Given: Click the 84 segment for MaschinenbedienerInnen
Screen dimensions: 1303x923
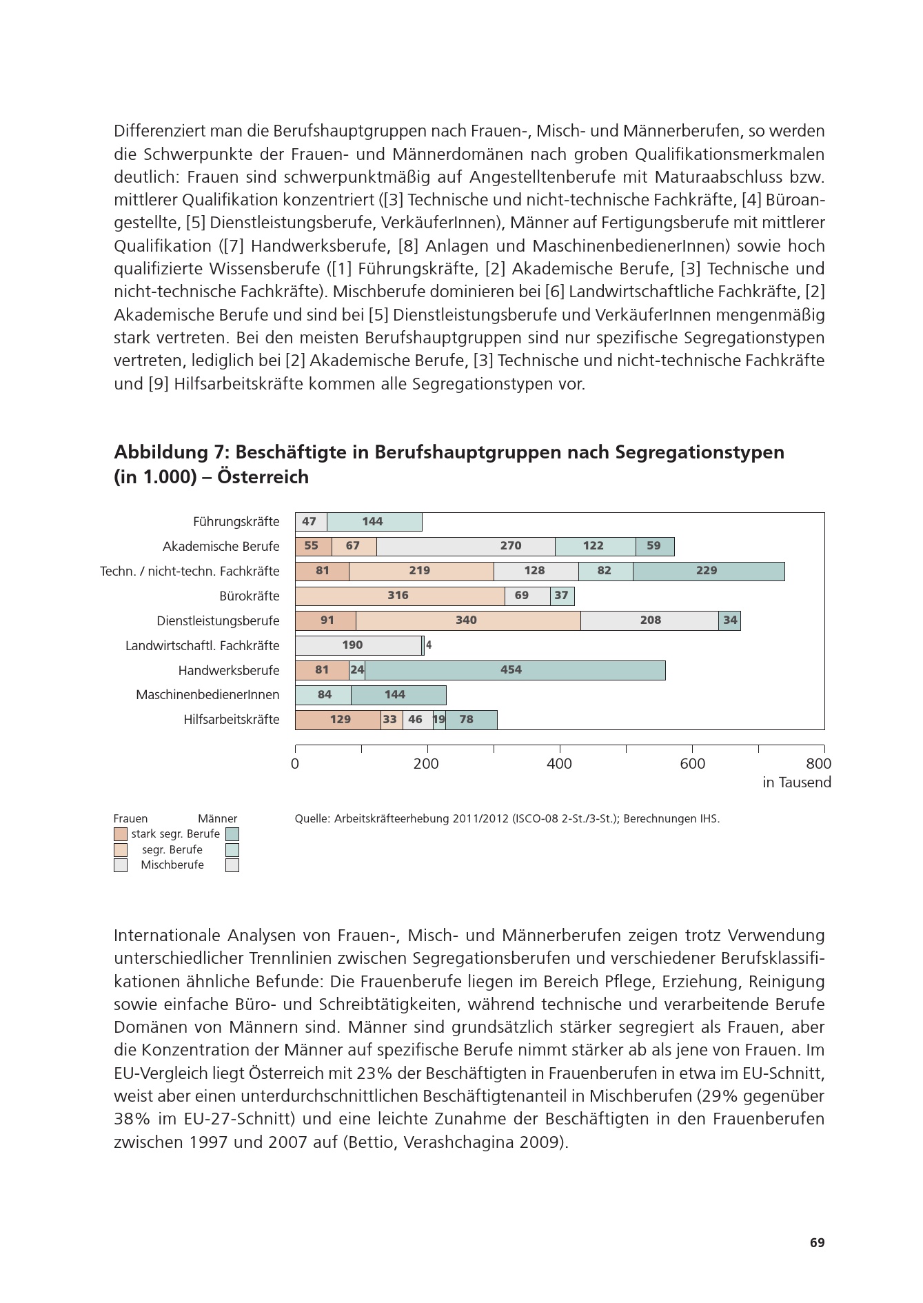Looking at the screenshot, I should pos(323,695).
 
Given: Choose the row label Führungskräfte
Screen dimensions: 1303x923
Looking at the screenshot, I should pos(236,522).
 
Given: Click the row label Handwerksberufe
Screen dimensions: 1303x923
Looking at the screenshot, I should pos(229,671).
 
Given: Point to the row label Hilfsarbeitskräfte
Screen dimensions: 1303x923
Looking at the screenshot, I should pos(232,720).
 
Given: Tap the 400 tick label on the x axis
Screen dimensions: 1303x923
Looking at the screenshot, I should pos(559,764).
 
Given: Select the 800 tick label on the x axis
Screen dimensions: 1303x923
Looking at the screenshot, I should pos(818,764).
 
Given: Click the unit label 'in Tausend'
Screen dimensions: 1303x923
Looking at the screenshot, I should pos(796,782).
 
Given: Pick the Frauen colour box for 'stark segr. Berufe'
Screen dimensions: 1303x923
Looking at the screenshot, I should pos(121,834).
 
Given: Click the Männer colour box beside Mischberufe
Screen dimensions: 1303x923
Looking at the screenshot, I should pos(232,865).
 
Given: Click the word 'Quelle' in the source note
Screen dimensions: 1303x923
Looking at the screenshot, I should pos(312,819).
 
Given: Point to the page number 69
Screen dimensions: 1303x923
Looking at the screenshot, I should pos(817,1242).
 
